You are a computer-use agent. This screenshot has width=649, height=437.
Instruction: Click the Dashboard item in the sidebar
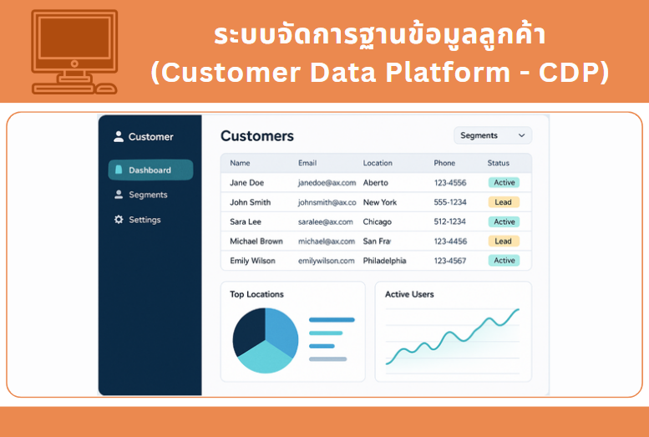[150, 170]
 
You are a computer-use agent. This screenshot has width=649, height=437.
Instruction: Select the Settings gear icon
[119, 220]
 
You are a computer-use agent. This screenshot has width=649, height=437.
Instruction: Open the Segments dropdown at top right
[493, 135]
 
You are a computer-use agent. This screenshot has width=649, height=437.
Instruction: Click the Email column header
[307, 163]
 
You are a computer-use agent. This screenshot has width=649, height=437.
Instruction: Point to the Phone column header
[444, 163]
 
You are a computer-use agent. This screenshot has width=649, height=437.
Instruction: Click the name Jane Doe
[246, 183]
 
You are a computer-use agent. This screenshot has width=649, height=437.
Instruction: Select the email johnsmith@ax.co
[327, 202]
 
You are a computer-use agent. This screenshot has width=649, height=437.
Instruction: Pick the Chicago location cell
[377, 222]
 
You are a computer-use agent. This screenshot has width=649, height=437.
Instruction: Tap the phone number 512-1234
[450, 221]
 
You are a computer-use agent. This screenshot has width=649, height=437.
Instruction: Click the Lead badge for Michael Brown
[504, 241]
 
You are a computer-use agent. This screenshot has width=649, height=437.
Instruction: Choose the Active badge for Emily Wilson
[504, 261]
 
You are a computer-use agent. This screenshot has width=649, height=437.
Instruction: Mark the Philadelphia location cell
[384, 261]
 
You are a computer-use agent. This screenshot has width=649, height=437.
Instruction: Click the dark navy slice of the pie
[248, 330]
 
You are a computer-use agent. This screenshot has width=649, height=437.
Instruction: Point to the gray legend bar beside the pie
[327, 359]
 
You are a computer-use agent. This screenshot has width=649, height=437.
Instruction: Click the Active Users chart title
[409, 294]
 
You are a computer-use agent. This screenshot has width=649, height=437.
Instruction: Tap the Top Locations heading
[256, 294]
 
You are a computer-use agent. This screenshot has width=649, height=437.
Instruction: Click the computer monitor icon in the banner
[74, 52]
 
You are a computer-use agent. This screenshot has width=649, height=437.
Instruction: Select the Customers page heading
[257, 136]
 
